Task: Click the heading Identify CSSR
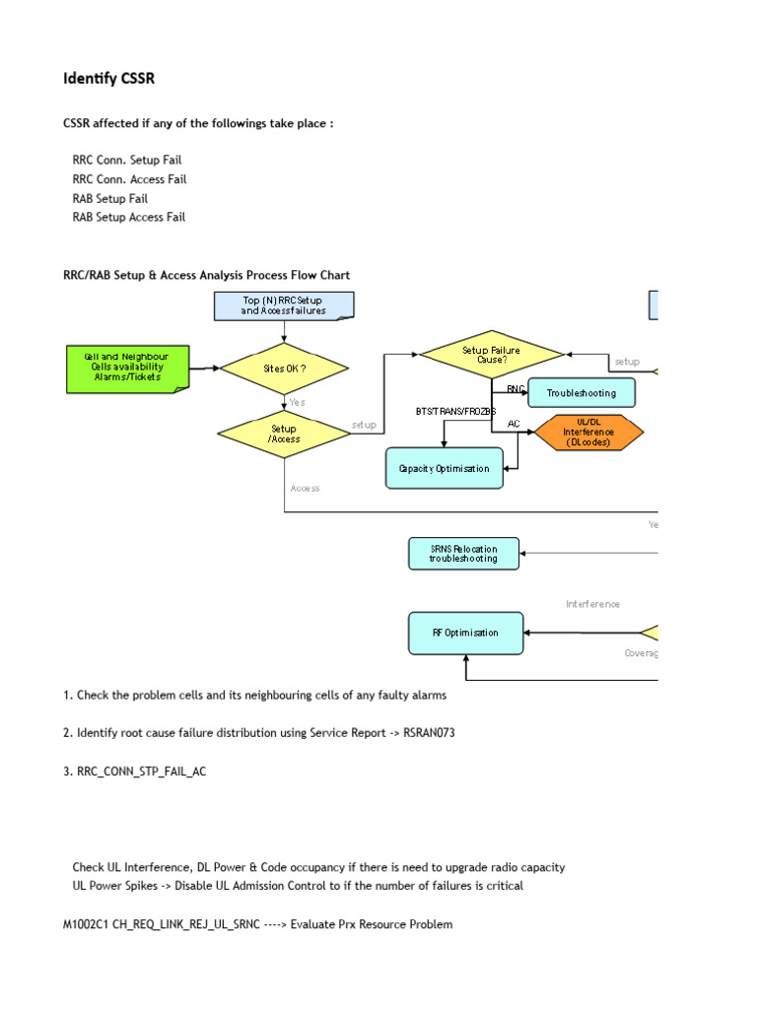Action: [109, 79]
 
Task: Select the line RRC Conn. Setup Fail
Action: [127, 160]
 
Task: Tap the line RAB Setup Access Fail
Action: [129, 217]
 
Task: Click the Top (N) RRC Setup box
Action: [284, 305]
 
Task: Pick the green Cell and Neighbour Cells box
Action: [126, 368]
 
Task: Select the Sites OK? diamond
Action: [284, 369]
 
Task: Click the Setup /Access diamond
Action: [284, 434]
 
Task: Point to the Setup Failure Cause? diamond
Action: [491, 355]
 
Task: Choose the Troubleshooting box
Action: [582, 393]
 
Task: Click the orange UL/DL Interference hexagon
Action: [588, 432]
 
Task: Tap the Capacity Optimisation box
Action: [444, 468]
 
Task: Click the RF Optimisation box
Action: [465, 633]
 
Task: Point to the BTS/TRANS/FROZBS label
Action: [455, 410]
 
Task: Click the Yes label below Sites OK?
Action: [297, 402]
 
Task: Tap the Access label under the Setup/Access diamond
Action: [305, 488]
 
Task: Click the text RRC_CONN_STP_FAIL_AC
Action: [142, 773]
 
